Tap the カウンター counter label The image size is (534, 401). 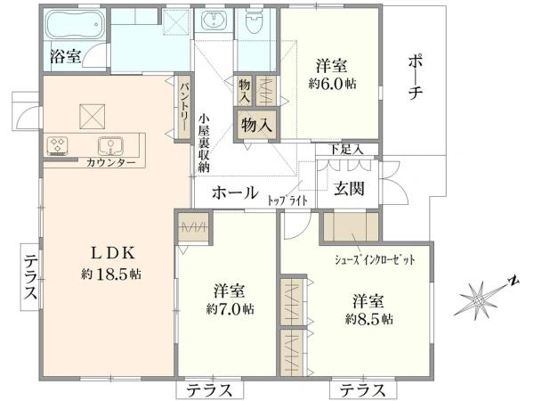111,164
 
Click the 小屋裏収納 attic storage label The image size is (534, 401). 204,143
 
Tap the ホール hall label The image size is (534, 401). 235,192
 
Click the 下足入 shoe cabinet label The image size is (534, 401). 347,148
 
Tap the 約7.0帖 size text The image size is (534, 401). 229,309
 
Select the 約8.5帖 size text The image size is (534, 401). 367,317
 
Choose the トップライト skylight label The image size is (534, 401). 287,200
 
